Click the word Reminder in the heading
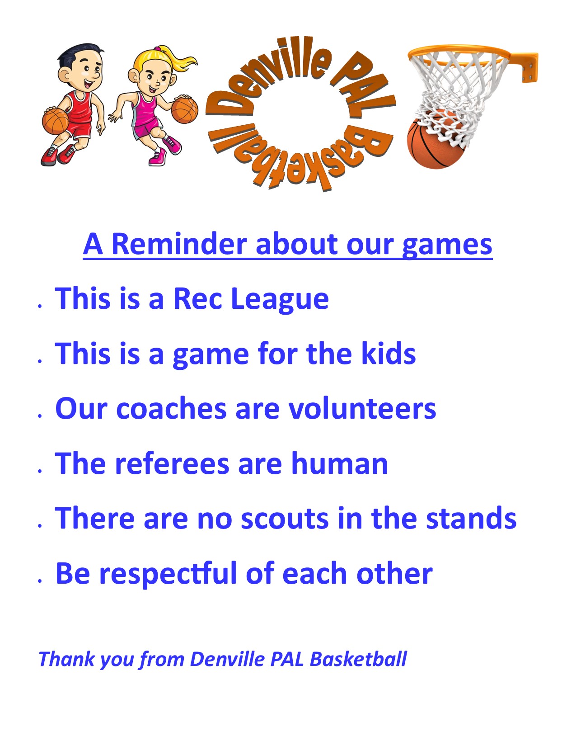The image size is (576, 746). coord(179,245)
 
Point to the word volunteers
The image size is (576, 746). coord(362,409)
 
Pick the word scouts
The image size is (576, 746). coord(285,519)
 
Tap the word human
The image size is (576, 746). coord(340,463)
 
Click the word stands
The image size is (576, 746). coord(471,519)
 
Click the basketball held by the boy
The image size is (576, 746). coord(56,121)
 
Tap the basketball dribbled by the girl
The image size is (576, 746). coord(185,110)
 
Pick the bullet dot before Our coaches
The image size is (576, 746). coord(40,416)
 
